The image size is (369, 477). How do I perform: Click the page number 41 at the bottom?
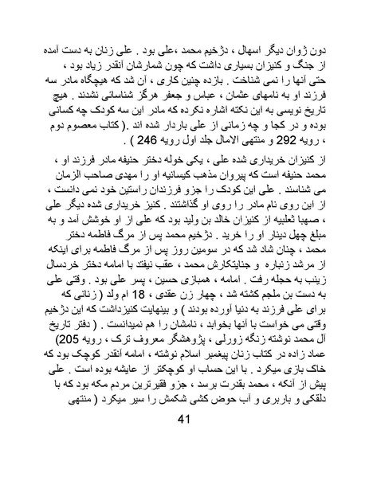click(184, 443)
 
